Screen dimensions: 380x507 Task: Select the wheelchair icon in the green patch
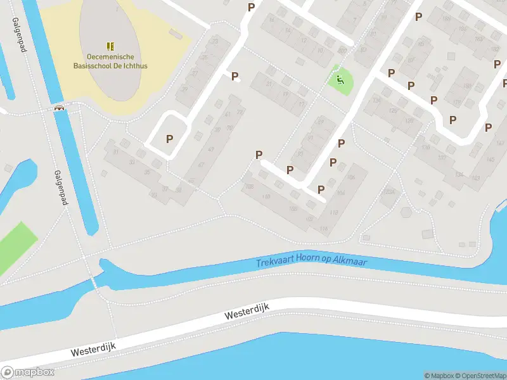click(x=340, y=80)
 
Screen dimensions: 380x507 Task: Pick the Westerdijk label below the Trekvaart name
click(x=247, y=312)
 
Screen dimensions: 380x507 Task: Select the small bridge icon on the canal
click(x=60, y=108)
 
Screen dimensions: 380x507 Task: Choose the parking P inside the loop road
click(x=169, y=139)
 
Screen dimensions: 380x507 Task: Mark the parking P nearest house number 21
click(x=235, y=77)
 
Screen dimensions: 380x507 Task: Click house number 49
click(x=210, y=149)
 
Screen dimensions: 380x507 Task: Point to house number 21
click(x=270, y=84)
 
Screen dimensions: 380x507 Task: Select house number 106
click(x=350, y=177)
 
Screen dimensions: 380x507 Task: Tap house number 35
click(x=148, y=172)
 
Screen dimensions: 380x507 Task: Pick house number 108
click(x=250, y=187)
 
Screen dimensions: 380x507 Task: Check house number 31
click(x=115, y=152)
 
